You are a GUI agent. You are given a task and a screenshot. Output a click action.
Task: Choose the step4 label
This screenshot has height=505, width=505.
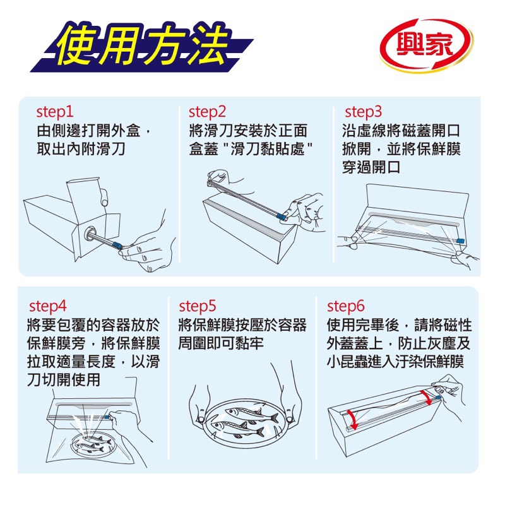tap(48, 307)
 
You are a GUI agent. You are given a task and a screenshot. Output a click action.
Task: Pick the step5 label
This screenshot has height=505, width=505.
tap(198, 307)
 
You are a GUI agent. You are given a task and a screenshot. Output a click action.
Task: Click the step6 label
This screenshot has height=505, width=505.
tap(346, 307)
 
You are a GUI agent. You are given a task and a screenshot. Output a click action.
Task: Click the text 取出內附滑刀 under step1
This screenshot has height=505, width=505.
tap(81, 150)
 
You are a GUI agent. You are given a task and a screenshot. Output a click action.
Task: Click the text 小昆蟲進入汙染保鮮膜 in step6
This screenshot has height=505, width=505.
tap(396, 362)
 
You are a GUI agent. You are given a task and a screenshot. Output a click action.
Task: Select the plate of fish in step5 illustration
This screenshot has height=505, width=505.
tap(243, 424)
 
